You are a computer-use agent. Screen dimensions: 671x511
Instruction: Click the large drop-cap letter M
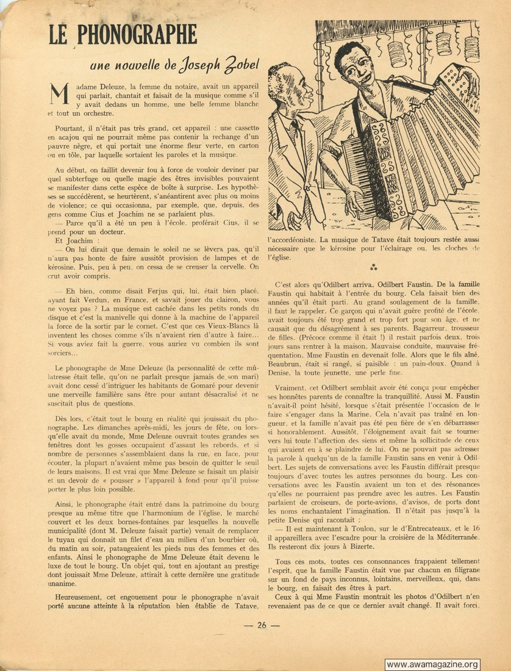pos(57,97)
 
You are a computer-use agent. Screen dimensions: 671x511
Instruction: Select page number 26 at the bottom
pos(262,624)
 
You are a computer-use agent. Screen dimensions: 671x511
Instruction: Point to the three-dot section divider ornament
pos(374,267)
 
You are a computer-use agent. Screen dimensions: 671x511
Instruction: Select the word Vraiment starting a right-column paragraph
pos(293,388)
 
